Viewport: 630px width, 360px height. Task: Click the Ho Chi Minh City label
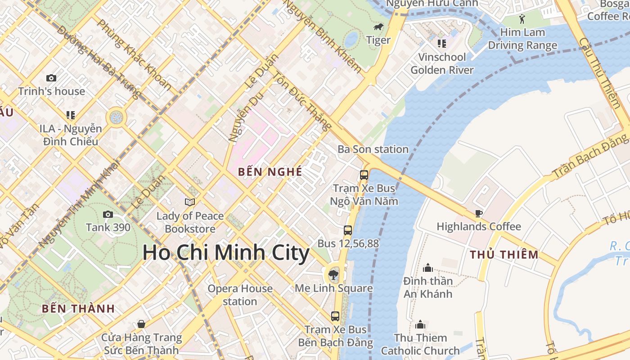tap(226, 253)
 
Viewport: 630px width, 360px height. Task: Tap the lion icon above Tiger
tap(378, 27)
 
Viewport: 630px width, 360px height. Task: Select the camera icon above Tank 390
tap(108, 214)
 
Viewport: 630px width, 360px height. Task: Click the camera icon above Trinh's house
tap(51, 78)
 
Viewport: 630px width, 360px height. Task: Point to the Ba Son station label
tap(373, 149)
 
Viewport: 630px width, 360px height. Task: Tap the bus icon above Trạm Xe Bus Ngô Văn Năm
tap(364, 175)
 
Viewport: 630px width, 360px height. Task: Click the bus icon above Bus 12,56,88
tap(348, 230)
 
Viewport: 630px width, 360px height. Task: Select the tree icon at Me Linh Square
tap(333, 274)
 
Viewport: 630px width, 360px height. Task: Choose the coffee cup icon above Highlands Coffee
tap(478, 213)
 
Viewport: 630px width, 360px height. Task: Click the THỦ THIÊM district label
tap(504, 255)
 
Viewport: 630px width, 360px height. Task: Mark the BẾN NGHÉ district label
tap(270, 171)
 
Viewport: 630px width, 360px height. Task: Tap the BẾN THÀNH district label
tap(78, 309)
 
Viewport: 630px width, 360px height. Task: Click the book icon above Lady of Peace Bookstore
tap(190, 202)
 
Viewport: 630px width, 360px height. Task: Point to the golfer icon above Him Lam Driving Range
tap(522, 19)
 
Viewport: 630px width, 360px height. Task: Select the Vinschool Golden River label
tap(442, 63)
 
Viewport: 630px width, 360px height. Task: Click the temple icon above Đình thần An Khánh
tap(427, 268)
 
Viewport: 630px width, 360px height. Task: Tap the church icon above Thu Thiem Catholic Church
tap(420, 324)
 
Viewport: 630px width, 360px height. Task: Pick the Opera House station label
tap(240, 295)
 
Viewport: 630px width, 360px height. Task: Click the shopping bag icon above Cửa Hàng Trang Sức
tap(141, 324)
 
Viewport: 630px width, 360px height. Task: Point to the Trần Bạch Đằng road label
tap(589, 155)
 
